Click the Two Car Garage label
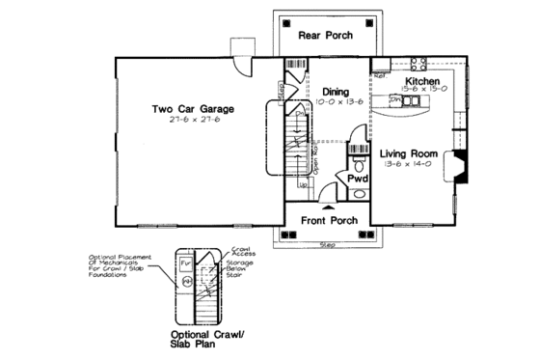tap(193, 109)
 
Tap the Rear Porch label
tap(324, 36)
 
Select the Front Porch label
tap(330, 220)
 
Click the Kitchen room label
tap(422, 82)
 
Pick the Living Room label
tap(409, 153)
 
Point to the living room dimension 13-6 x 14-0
tap(409, 165)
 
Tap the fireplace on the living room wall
tap(460, 167)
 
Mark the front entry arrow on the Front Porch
tap(329, 207)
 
